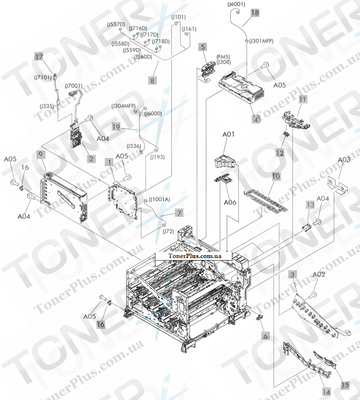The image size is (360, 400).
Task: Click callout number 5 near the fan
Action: click(x=203, y=47)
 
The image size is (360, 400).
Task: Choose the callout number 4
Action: click(x=256, y=119)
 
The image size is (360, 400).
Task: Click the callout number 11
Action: click(x=302, y=99)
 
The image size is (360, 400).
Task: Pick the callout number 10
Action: click(x=275, y=176)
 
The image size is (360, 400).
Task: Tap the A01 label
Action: click(x=228, y=147)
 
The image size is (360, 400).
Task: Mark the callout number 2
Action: click(x=90, y=159)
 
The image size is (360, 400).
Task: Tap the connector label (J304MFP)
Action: click(x=123, y=106)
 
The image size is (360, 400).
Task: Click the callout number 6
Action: click(x=266, y=336)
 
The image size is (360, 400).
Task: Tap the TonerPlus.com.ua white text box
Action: click(x=194, y=256)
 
